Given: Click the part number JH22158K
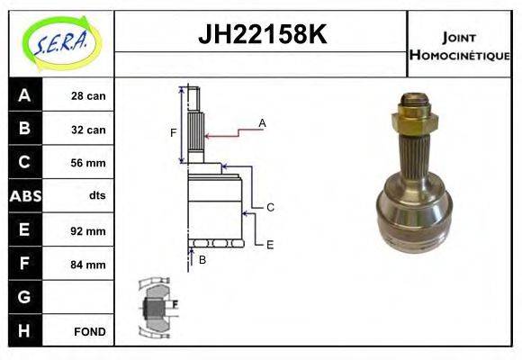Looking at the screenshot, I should click(x=261, y=36).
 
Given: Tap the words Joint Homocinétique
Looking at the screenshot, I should click(x=459, y=45).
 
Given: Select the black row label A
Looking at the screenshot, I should click(x=24, y=95).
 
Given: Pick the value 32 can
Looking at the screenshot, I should click(x=89, y=130).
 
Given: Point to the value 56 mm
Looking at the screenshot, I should click(x=89, y=163).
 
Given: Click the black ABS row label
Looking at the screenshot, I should click(x=24, y=196).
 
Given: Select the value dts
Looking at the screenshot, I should click(x=97, y=196).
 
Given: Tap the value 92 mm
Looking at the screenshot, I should click(x=89, y=230).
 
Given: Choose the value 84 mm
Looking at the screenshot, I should click(x=89, y=265).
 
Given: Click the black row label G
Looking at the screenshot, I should click(x=24, y=297).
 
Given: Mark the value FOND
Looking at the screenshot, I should click(x=90, y=331).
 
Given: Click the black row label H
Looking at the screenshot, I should click(x=24, y=330).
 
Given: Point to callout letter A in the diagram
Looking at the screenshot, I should click(x=262, y=122).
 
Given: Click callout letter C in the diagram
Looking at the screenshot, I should click(x=270, y=207).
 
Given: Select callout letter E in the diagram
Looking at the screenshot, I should click(x=270, y=244).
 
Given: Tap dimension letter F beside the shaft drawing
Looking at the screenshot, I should click(x=174, y=133).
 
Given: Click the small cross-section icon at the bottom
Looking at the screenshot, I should click(x=155, y=306).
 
